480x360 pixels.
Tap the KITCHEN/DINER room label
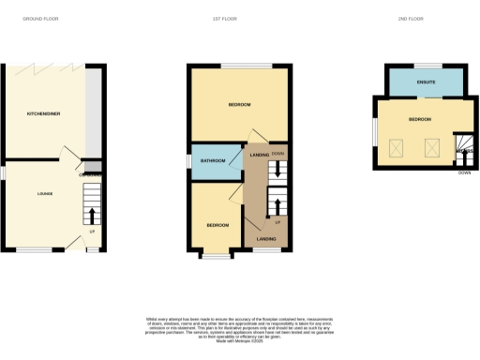tap(43, 113)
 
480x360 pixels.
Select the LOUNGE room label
tap(44, 194)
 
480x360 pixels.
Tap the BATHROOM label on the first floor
tap(213, 160)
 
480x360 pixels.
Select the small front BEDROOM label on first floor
tap(217, 225)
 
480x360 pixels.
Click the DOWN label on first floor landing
tap(278, 152)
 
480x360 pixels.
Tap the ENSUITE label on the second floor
tap(427, 83)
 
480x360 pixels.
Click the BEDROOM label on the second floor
tap(420, 120)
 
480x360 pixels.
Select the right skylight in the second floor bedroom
tap(432, 146)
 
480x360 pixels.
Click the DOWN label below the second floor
tap(464, 172)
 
